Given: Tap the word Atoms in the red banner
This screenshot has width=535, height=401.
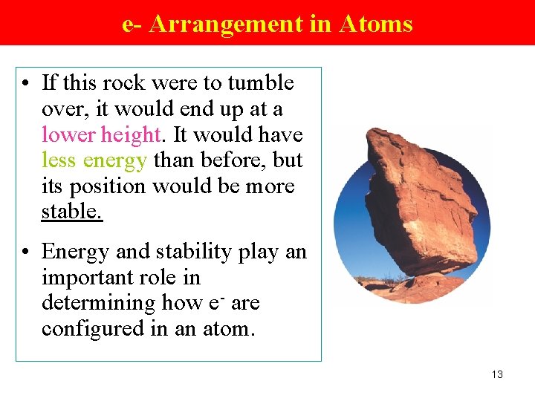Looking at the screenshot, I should pyautogui.click(x=375, y=24).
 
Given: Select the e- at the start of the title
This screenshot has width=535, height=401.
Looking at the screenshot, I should pyautogui.click(x=132, y=24).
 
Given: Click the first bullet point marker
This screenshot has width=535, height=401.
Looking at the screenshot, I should pyautogui.click(x=26, y=83).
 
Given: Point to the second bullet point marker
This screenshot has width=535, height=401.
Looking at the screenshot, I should pyautogui.click(x=26, y=252).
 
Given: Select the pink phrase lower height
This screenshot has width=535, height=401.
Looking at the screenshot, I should pyautogui.click(x=101, y=135).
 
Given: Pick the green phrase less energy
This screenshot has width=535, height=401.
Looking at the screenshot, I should pyautogui.click(x=94, y=160).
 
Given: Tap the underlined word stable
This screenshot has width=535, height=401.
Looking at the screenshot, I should pyautogui.click(x=71, y=212).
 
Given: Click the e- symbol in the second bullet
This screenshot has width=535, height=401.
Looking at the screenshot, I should pyautogui.click(x=216, y=303).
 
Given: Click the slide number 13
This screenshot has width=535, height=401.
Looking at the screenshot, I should pyautogui.click(x=497, y=374).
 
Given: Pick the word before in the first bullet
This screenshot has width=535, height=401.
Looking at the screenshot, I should pyautogui.click(x=237, y=160).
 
